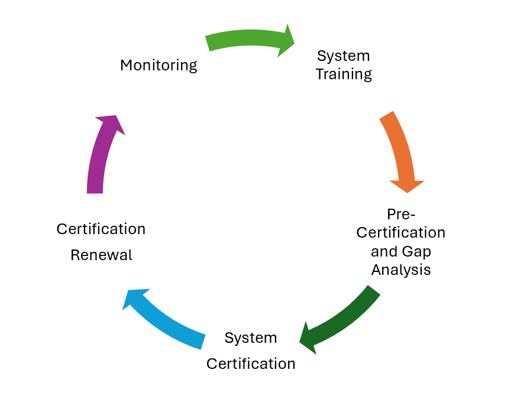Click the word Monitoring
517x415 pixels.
click(159, 65)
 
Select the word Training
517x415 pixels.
click(344, 74)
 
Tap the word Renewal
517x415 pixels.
click(101, 255)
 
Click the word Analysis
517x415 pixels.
click(401, 270)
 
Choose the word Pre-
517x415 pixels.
click(401, 213)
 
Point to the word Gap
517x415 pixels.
click(417, 252)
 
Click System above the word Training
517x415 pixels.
click(344, 56)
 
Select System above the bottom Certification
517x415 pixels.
click(251, 338)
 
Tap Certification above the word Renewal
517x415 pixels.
click(101, 229)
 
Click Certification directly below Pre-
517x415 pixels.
click(401, 232)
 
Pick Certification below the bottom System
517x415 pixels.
click(251, 364)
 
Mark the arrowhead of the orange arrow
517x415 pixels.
click(406, 184)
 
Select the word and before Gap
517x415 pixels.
click(384, 252)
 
